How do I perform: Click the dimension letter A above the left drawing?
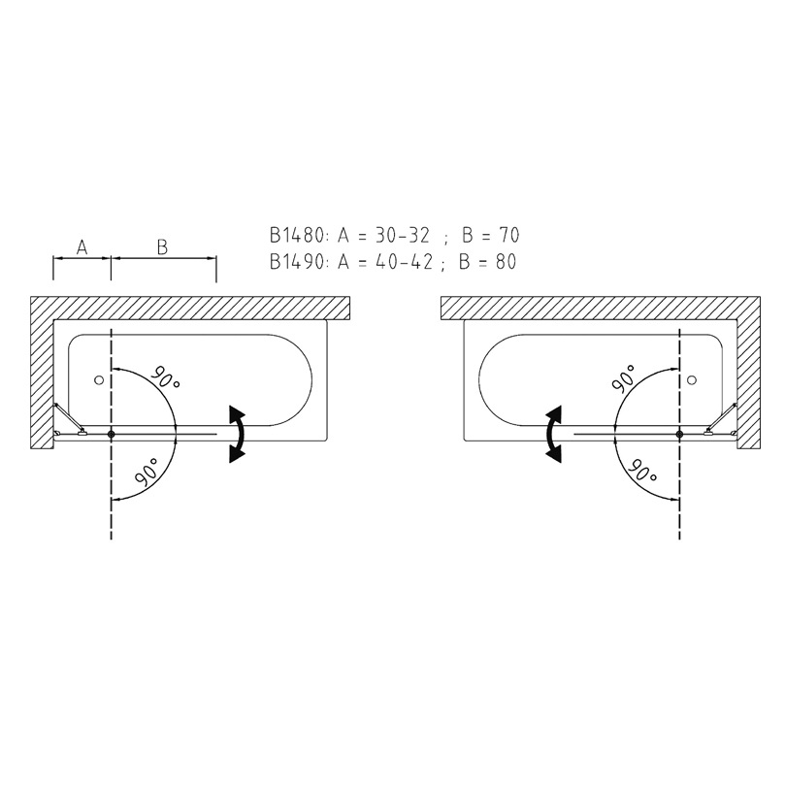click(82, 246)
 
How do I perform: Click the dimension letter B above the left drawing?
click(162, 246)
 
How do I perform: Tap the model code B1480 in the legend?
click(298, 235)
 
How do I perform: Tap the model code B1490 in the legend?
click(298, 261)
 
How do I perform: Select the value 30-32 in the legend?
click(403, 235)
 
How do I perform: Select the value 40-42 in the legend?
click(404, 261)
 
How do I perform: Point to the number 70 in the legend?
click(508, 235)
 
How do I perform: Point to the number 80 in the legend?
click(506, 261)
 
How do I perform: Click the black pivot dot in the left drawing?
click(112, 434)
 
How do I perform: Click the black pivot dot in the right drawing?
click(679, 434)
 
